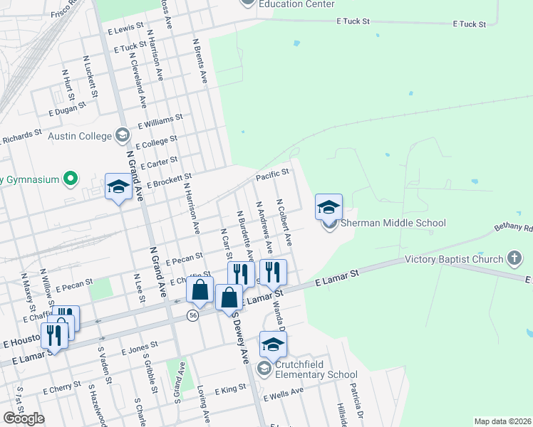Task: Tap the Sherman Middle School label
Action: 393,223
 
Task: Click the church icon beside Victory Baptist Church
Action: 515,259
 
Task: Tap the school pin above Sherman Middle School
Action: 328,208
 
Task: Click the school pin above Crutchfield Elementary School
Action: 273,346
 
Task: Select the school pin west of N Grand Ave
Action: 118,188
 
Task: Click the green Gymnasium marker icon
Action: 71,179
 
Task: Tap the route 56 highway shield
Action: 193,315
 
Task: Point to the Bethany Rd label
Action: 512,228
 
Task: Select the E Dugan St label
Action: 67,108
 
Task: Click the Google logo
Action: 24,418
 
